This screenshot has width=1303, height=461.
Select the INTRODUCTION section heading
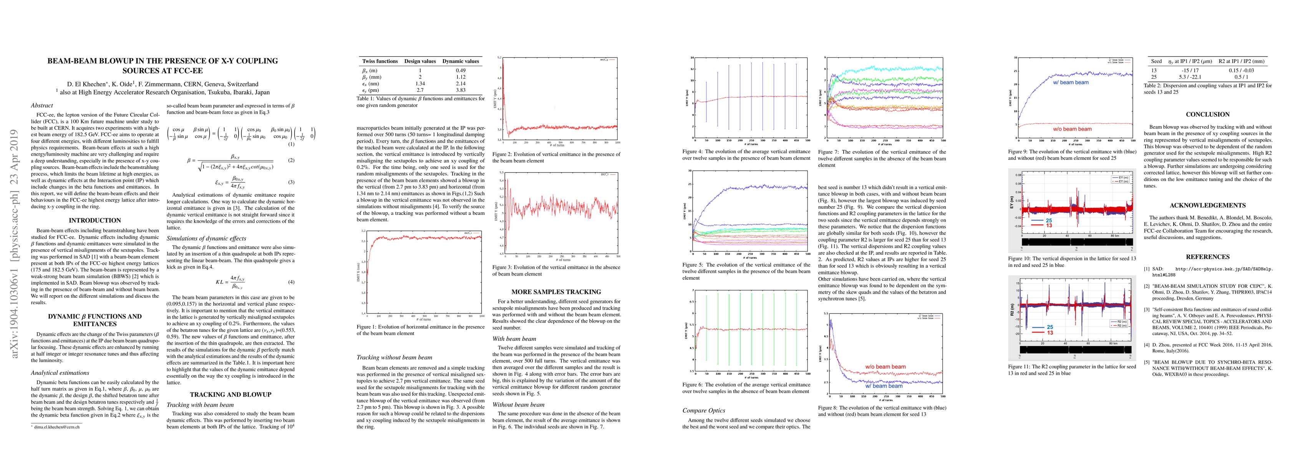pos(94,221)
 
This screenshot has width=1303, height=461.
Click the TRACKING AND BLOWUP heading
pos(230,395)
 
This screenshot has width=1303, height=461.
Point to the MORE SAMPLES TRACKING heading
pos(556,292)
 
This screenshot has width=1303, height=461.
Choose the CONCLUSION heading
pos(1207,114)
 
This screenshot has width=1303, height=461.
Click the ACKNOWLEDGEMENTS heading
pos(1207,206)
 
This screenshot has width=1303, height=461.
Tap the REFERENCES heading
pos(1207,257)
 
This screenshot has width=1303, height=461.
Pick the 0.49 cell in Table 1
pos(460,71)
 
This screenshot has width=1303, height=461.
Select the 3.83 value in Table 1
pos(460,90)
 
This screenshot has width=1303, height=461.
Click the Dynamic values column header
pos(460,61)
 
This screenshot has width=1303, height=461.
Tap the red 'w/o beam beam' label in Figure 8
pos(885,367)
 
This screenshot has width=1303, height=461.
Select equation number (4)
pos(291,282)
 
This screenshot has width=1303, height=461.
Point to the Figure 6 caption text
pos(746,388)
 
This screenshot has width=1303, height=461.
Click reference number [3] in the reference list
pos(1147,309)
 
